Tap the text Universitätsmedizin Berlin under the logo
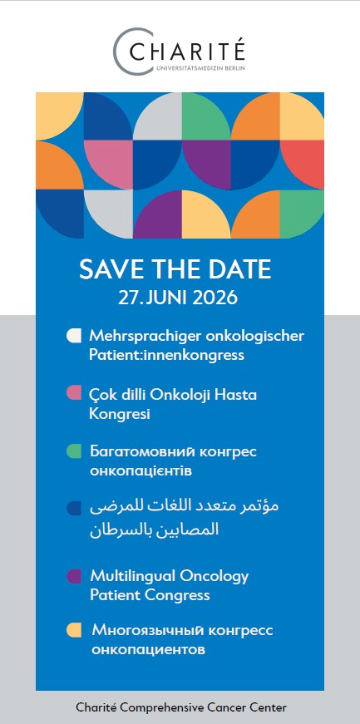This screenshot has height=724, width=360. pos(200,68)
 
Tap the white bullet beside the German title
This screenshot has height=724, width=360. pos(74,336)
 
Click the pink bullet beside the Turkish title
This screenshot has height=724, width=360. pos(74,393)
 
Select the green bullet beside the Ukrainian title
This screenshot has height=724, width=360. pos(74,451)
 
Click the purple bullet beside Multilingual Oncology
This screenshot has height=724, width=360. pos(74,576)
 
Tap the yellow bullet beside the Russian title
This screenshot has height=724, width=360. pos(74,630)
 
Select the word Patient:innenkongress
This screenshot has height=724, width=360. pos(166,356)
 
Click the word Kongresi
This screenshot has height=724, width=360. pos(120,414)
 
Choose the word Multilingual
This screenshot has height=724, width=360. pos(133,577)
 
